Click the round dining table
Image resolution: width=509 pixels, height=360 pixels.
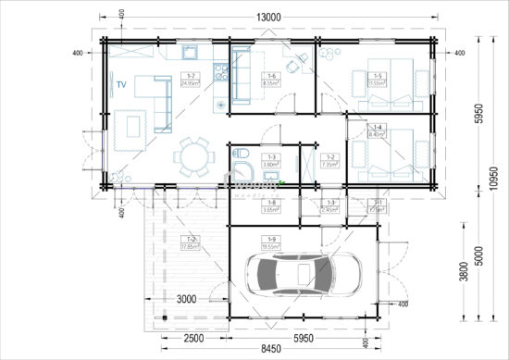tap(193, 155)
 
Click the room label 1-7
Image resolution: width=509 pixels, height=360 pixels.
tap(191, 79)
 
